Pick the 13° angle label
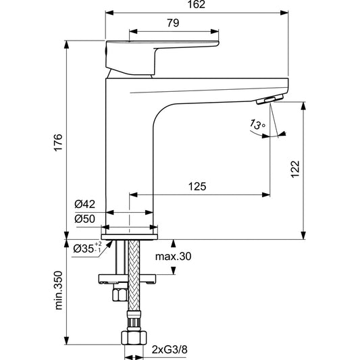point(255,125)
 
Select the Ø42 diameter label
point(85,204)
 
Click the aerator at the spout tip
point(268,100)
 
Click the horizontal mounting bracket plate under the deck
point(128,277)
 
